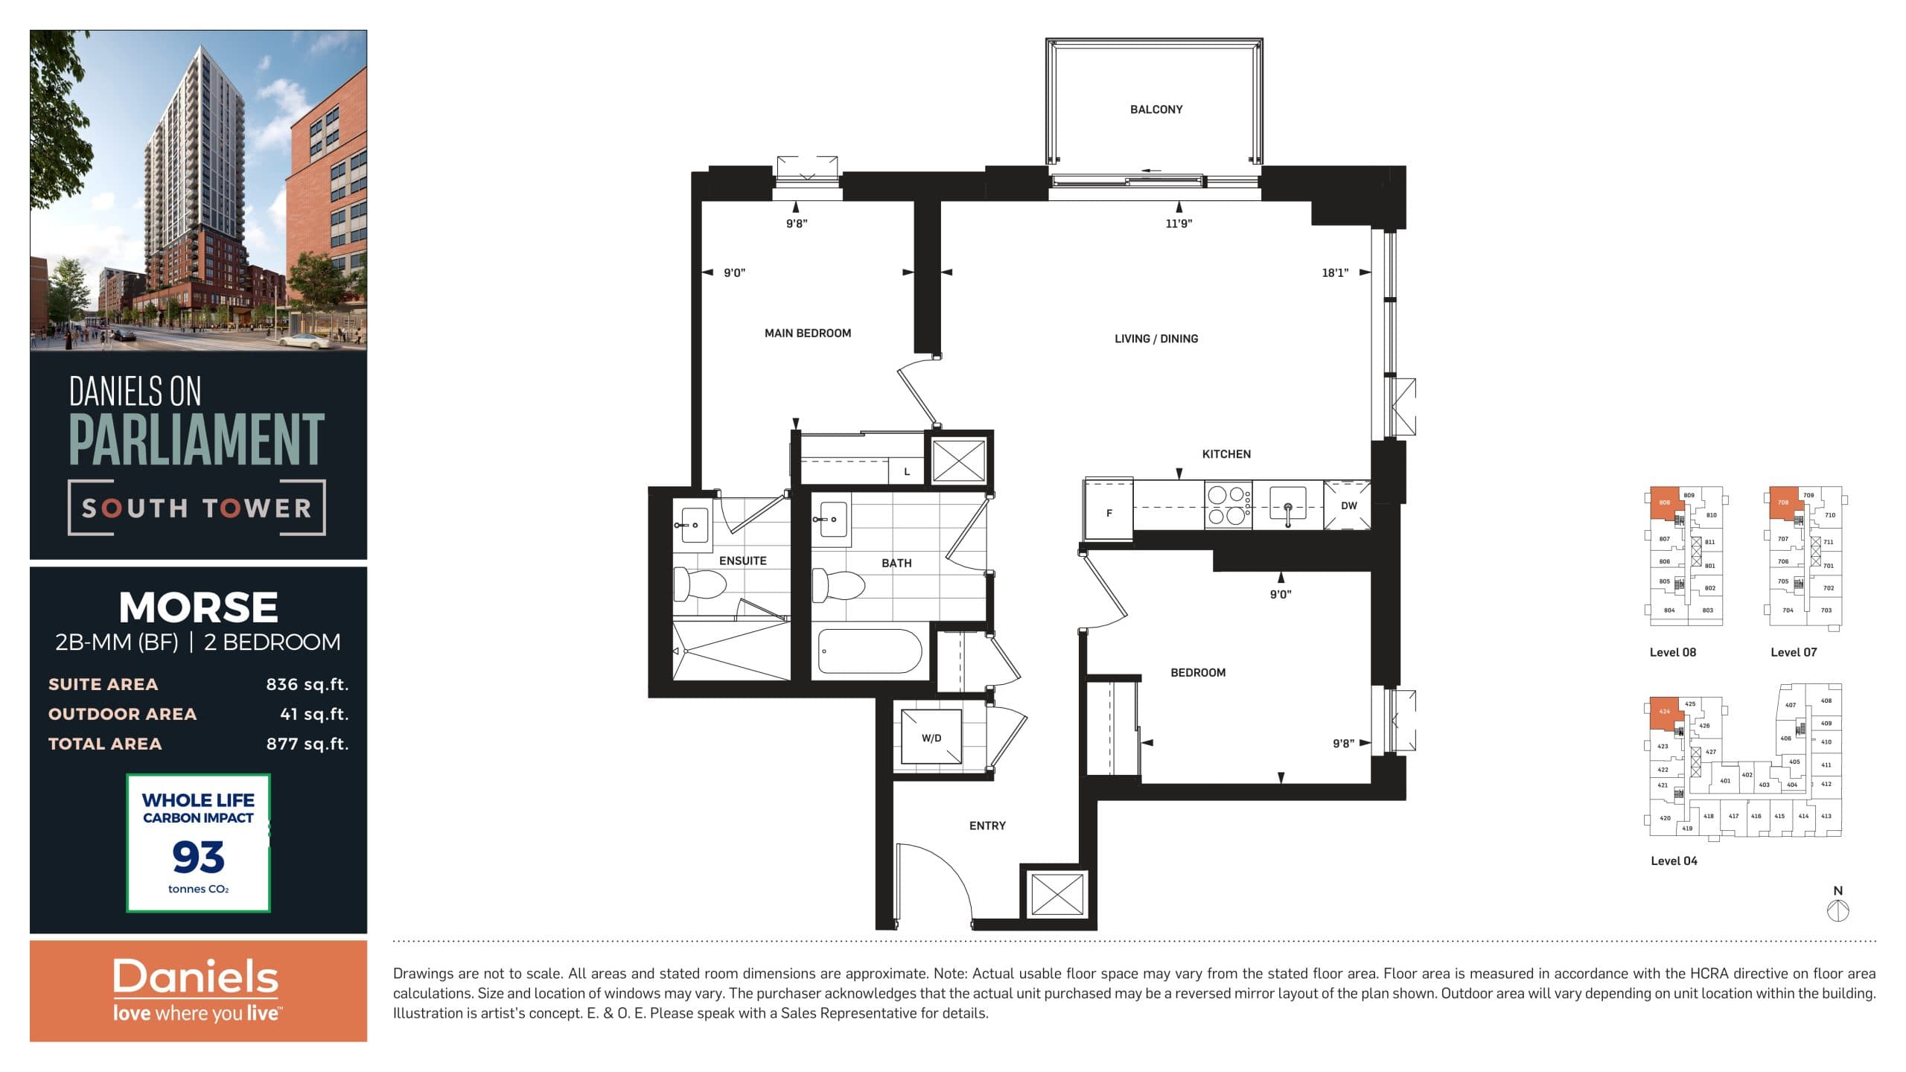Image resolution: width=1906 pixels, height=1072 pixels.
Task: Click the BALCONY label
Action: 1156,109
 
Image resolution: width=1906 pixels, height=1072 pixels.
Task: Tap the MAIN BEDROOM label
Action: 807,333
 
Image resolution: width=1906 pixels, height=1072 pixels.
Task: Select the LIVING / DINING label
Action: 1156,339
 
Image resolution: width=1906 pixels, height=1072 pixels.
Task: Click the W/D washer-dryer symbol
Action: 931,737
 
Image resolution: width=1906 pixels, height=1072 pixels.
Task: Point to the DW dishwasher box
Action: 1348,505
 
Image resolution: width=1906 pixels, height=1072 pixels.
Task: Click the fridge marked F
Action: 1109,513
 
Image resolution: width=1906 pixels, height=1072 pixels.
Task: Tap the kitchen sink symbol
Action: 1287,508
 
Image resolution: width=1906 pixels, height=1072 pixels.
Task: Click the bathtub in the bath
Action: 869,651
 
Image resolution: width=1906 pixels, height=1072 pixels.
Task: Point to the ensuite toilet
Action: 698,584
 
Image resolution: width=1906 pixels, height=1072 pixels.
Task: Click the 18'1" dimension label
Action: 1334,273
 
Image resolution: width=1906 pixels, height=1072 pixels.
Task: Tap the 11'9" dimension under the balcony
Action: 1178,223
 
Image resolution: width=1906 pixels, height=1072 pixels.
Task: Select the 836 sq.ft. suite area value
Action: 307,684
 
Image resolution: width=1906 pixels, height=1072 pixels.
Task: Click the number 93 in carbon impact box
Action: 198,857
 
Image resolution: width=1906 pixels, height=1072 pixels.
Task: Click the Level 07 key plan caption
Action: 1793,652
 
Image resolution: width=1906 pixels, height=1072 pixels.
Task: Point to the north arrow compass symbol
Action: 1838,910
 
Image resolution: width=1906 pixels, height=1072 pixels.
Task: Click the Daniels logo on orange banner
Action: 195,977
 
